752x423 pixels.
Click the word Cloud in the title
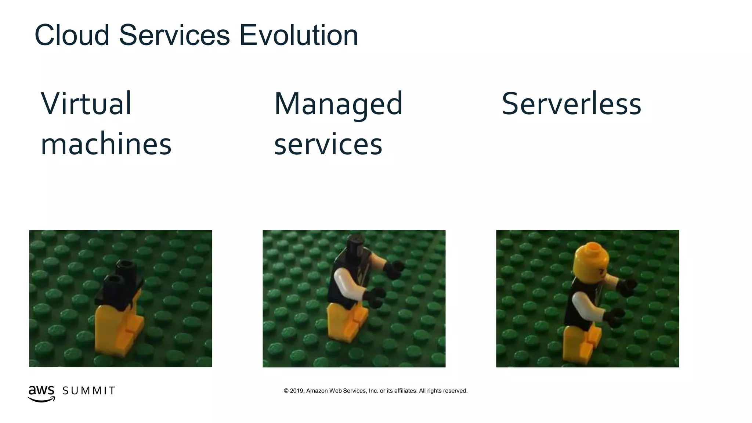pos(72,36)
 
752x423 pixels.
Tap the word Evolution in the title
pos(299,36)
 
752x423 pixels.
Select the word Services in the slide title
pos(174,36)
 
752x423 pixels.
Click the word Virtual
pos(86,104)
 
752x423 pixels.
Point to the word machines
pos(106,144)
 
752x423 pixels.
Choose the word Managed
pos(338,104)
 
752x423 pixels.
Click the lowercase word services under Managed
pos(328,144)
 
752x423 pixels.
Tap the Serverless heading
pos(571,104)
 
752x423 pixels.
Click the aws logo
pos(41,393)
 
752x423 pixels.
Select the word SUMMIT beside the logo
pos(89,391)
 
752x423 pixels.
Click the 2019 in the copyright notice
pos(297,391)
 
